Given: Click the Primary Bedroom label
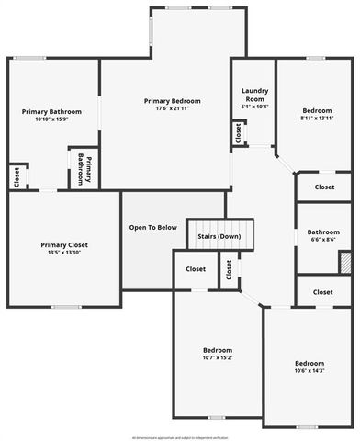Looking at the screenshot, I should point(172,100).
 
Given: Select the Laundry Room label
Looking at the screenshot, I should point(254,95).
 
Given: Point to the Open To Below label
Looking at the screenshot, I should point(152,227).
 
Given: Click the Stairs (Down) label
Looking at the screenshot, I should point(219,237).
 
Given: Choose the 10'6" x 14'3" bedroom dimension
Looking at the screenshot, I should point(309,371).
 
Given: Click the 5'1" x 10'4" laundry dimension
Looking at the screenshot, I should point(254,107).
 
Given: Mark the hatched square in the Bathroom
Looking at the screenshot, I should point(345,262).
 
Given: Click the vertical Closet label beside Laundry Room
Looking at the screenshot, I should point(239,133).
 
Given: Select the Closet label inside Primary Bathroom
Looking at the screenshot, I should point(17,176).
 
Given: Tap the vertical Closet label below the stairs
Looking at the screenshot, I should point(228,270).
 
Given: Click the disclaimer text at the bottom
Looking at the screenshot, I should point(179,436).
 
